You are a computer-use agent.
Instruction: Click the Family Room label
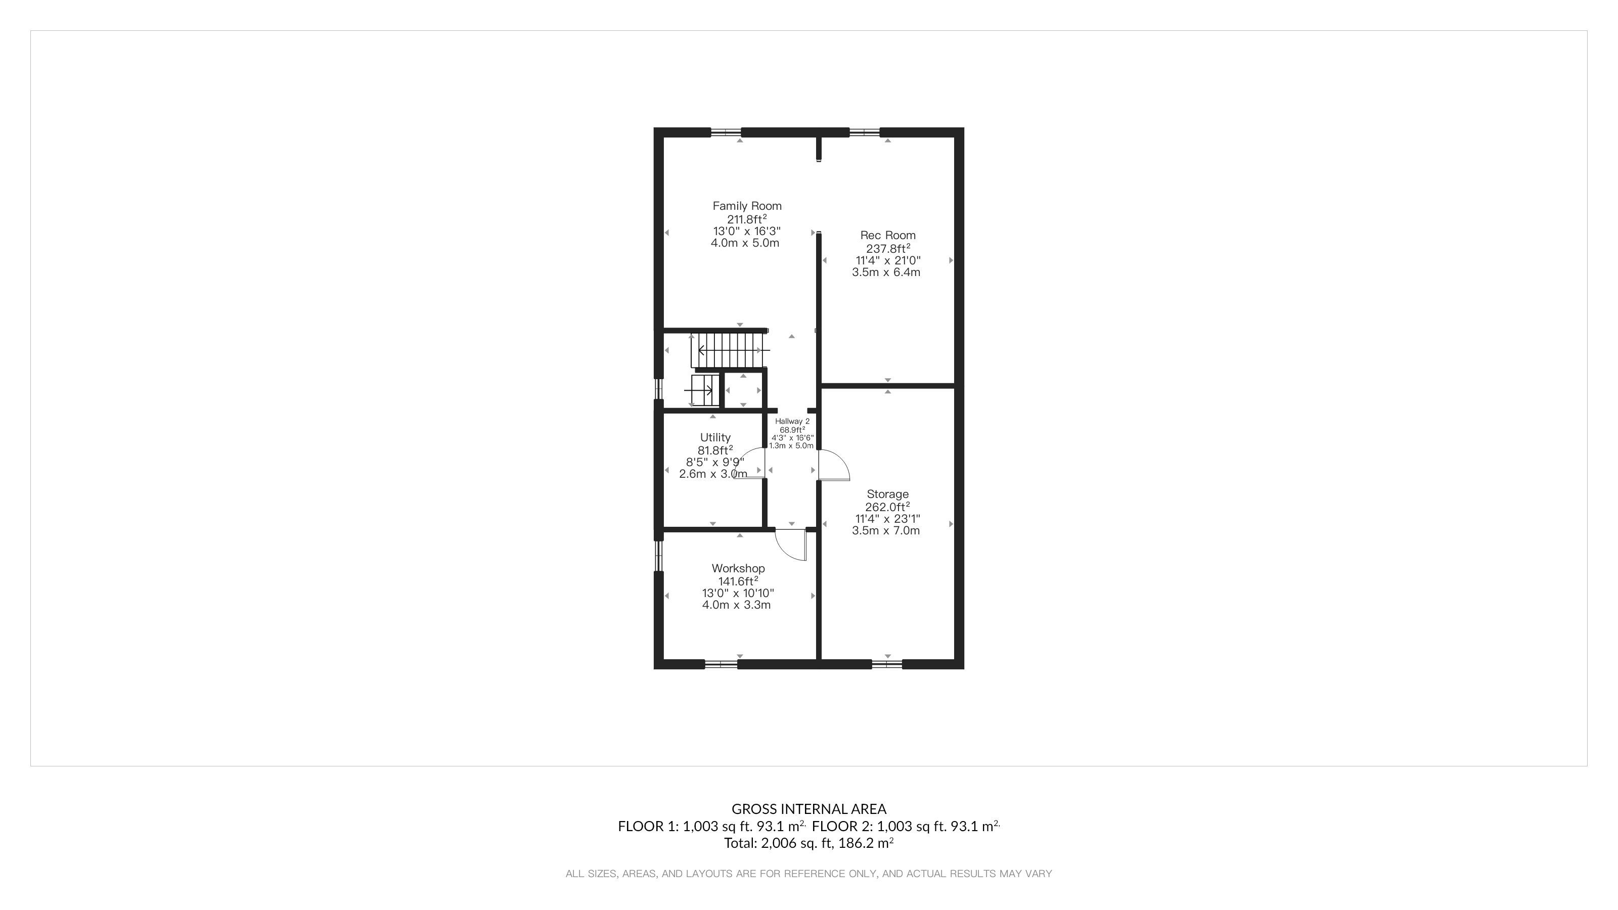click(747, 206)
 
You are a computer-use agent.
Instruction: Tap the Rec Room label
click(887, 236)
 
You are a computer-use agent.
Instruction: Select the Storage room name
click(887, 494)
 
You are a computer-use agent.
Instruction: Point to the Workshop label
click(738, 568)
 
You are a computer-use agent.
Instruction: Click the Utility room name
click(715, 438)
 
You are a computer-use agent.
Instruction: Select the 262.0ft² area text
click(887, 507)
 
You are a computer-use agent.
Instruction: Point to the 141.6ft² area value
click(738, 581)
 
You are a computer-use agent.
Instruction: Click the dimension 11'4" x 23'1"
click(887, 519)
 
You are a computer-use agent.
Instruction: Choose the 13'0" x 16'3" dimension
click(747, 231)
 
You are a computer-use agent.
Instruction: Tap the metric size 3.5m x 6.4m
click(886, 272)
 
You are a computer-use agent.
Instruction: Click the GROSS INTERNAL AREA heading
click(809, 809)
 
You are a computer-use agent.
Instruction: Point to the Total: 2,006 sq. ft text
click(778, 843)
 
